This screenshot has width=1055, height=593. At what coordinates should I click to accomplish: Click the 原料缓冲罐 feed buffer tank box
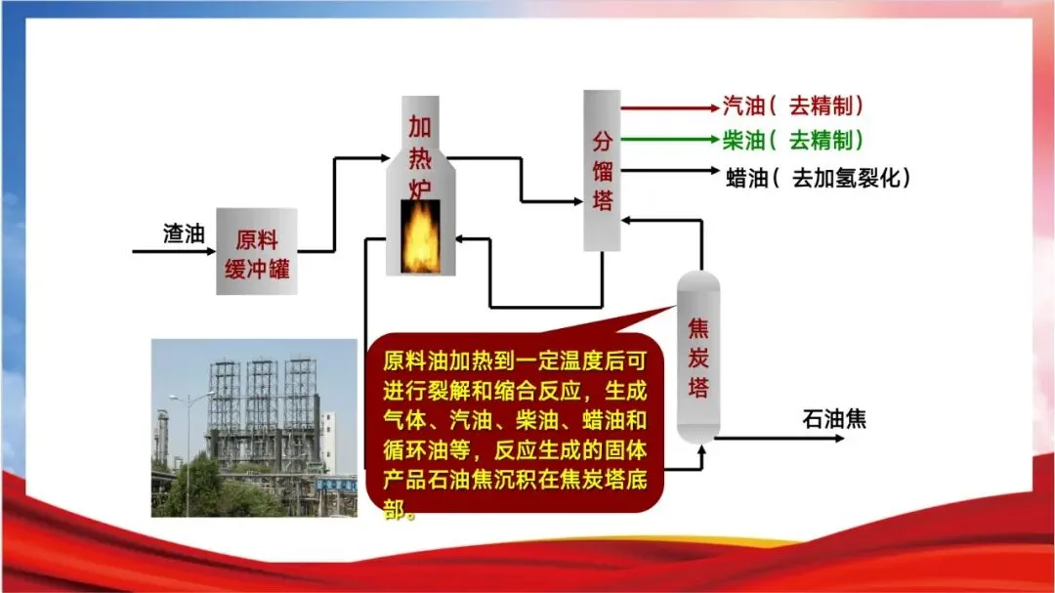256,251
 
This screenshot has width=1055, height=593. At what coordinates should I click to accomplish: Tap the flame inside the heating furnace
420,236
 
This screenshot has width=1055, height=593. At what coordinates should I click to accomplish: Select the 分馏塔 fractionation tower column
603,170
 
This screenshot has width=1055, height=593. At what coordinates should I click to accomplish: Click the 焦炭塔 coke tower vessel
698,358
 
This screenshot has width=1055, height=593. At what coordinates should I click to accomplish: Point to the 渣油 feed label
183,234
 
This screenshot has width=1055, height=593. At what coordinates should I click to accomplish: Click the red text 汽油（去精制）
793,106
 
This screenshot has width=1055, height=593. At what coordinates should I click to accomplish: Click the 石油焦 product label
834,420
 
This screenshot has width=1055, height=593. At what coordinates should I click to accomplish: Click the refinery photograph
254,427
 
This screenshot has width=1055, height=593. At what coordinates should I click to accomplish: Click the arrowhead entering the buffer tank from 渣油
209,252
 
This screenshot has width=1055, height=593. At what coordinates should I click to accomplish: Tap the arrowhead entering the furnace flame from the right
452,237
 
